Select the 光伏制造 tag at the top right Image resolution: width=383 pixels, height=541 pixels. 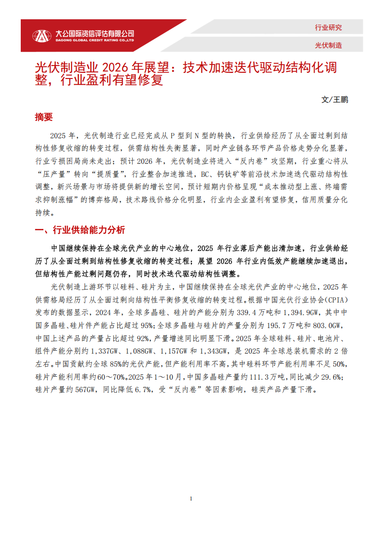[328, 45]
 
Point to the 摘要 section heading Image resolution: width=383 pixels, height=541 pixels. [43, 117]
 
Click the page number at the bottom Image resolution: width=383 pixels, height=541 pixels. [191, 499]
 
